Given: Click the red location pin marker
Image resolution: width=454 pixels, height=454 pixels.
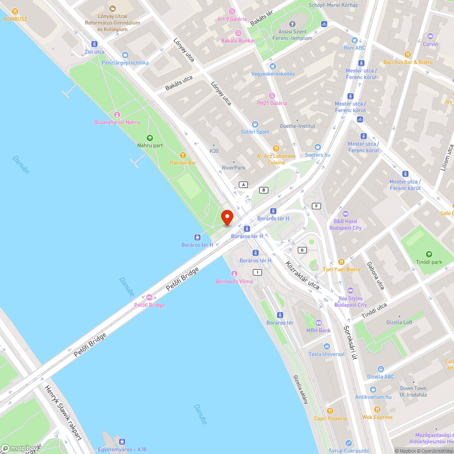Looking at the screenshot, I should tap(227, 217).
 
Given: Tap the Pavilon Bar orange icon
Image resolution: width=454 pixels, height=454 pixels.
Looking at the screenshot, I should tap(183, 155).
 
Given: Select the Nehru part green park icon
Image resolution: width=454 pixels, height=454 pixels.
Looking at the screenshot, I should tap(150, 138).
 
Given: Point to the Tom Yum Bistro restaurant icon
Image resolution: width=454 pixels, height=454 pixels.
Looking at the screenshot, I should tap(341, 262).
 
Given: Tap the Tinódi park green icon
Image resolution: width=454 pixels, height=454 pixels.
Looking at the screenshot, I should tap(429, 254).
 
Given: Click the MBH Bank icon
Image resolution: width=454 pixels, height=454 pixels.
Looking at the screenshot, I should tap(318, 323).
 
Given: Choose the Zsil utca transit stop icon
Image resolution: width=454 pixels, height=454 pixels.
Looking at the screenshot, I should tap(94, 44).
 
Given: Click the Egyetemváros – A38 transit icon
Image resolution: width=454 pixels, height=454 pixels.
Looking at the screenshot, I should tap(122, 442).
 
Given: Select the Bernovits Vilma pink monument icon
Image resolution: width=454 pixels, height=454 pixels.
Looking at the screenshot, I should tap(234, 274).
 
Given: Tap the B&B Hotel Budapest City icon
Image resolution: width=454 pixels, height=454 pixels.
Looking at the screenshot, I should tap(345, 214).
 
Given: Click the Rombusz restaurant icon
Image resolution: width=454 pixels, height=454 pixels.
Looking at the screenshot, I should tap(15, 11).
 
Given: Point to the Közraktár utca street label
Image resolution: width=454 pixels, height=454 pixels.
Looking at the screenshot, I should tap(302, 275).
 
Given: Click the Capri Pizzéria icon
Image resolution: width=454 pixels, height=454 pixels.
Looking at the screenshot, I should tap(330, 411).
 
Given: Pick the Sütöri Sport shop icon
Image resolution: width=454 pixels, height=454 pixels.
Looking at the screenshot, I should tap(255, 124).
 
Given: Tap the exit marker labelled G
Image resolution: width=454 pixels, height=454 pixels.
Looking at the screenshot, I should tap(302, 250).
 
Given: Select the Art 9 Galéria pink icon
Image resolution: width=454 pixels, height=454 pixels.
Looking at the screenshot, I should tap(232, 11).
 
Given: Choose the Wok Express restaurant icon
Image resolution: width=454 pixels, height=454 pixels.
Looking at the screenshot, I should tap(377, 410).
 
